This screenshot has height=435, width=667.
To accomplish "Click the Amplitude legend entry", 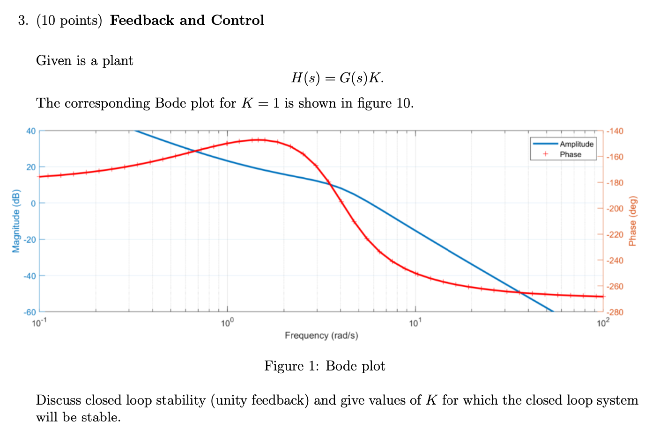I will coord(576,144).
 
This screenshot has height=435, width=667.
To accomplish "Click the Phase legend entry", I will coord(570,154).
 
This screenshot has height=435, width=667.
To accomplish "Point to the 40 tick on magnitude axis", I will coord(30,131).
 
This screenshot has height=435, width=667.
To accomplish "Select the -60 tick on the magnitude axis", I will coord(30,312).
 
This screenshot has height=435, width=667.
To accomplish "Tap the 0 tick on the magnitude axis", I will coord(33,203).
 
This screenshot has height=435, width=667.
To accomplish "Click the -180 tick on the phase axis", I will coord(615,183).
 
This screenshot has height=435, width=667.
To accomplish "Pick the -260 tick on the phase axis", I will coord(615,286).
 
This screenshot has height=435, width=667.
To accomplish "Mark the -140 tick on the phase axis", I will coord(615,131).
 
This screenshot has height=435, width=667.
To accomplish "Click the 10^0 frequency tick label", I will coord(227,322).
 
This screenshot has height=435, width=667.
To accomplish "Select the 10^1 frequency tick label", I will coord(415,322).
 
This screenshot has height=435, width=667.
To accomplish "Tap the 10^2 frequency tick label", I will coord(603,322).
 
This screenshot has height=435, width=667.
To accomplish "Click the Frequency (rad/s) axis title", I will coord(321,335).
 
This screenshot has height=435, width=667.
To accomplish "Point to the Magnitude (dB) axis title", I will coord(16,221).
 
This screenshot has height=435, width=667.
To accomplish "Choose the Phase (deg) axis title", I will coord(633,221).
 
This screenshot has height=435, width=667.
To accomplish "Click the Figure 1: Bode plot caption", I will coord(325,366).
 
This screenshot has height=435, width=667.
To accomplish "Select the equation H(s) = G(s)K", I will coord(337,78).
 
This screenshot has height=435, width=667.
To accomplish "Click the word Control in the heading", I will coord(237,20).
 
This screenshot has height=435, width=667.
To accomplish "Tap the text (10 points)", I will coord(69,21).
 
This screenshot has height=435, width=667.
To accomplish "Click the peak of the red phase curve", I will coord(258,139).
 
